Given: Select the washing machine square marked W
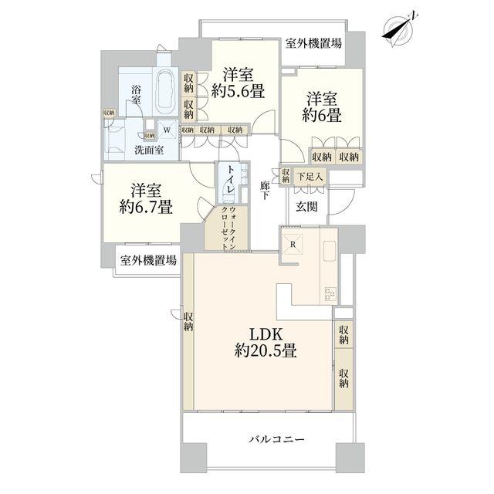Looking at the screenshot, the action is (167, 130).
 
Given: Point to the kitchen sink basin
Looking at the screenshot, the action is (330, 250).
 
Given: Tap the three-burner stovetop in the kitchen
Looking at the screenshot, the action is (330, 294).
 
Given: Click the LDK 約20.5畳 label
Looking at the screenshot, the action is (266, 342).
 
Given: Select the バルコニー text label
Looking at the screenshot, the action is (277, 439).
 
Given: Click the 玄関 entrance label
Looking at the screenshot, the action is (306, 207).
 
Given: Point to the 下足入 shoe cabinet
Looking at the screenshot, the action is (310, 177).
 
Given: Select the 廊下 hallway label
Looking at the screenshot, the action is (265, 190).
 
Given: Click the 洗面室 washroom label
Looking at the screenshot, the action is (149, 150).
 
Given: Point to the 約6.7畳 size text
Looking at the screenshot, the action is (146, 208).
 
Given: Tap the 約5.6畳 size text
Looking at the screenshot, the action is (238, 92).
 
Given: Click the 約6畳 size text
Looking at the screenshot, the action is (322, 115).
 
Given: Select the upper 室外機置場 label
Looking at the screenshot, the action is (314, 43).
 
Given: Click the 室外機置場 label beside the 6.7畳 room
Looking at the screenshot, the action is (148, 261).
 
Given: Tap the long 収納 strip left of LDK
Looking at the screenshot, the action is (188, 331).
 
